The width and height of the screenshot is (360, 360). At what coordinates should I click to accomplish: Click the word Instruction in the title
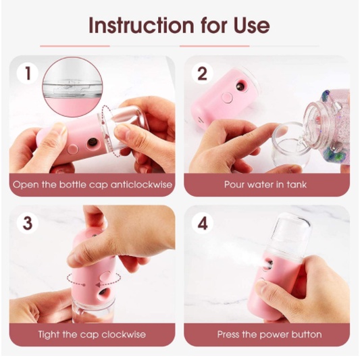pyautogui.click(x=141, y=25)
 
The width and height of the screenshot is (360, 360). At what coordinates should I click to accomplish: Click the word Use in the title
pyautogui.click(x=252, y=25)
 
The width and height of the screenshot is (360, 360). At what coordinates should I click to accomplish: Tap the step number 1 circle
pyautogui.click(x=27, y=74)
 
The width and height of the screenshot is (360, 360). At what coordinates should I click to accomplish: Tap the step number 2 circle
pyautogui.click(x=202, y=74)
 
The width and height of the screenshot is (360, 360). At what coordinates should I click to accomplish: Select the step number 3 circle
pyautogui.click(x=27, y=223)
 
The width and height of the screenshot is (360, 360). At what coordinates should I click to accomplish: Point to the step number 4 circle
pyautogui.click(x=202, y=223)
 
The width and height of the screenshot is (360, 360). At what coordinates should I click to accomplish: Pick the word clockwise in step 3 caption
pyautogui.click(x=124, y=334)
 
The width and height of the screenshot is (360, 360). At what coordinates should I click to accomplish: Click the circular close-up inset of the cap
pyautogui.click(x=72, y=87)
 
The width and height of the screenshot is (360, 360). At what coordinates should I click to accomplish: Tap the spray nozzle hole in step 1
pyautogui.click(x=93, y=143)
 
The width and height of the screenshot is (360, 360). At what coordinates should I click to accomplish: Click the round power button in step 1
pyautogui.click(x=73, y=149)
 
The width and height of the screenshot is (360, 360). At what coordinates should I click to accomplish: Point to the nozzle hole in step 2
pyautogui.click(x=240, y=86)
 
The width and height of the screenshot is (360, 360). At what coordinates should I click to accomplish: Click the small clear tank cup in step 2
pyautogui.click(x=290, y=144)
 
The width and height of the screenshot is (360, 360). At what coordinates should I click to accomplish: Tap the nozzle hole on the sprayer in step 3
pyautogui.click(x=103, y=292)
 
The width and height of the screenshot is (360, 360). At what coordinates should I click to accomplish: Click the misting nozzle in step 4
pyautogui.click(x=268, y=264)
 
